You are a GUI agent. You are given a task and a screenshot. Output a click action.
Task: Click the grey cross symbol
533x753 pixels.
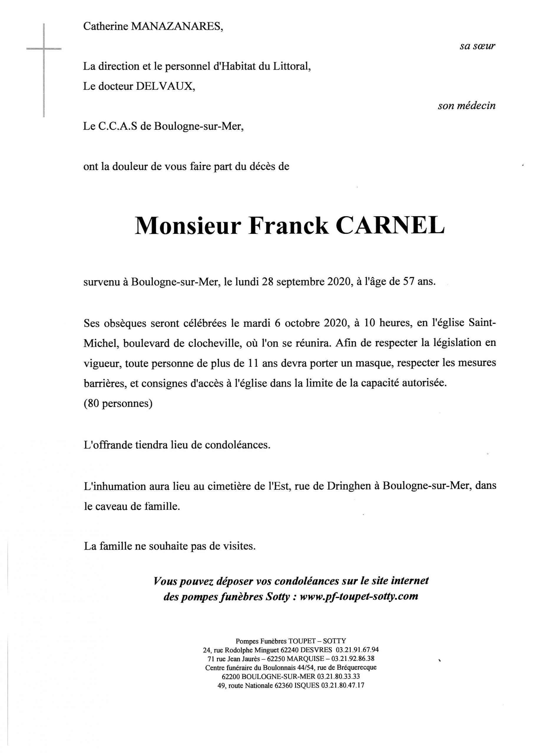(x=44, y=49)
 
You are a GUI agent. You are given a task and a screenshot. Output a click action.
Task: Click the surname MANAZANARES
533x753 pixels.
(x=177, y=26)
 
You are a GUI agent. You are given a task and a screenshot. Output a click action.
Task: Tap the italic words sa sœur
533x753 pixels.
(x=477, y=46)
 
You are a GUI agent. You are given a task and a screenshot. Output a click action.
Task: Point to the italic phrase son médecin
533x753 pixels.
(x=466, y=106)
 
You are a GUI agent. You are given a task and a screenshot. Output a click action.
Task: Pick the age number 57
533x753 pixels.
(x=406, y=282)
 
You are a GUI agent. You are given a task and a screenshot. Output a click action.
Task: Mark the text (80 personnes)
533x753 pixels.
(x=118, y=403)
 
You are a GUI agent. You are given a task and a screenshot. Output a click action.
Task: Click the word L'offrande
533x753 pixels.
(x=108, y=445)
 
